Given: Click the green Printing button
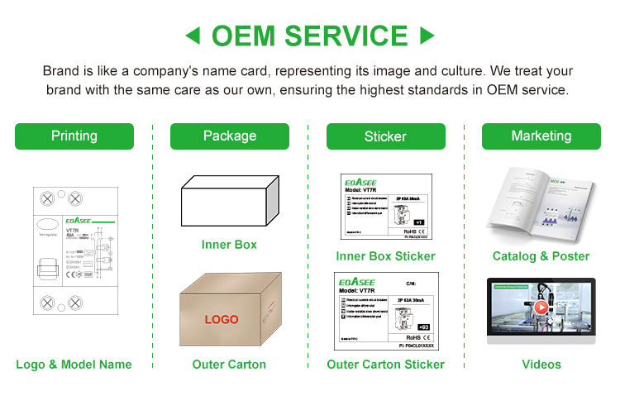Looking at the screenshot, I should [x=74, y=136].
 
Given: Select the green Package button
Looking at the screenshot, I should [x=230, y=136].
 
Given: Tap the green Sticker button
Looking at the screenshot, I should [x=385, y=136].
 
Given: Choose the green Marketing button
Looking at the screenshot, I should [x=541, y=136].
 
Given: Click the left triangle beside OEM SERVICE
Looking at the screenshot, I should [x=193, y=36].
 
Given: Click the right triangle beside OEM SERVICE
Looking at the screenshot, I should [x=427, y=36].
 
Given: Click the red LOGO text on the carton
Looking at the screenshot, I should [x=222, y=319].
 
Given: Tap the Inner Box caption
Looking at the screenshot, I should [x=229, y=245].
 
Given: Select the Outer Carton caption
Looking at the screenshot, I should [x=229, y=364].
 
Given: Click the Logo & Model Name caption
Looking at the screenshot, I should [x=74, y=364].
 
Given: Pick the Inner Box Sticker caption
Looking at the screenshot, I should [x=385, y=256].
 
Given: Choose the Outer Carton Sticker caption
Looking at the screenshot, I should [x=385, y=364].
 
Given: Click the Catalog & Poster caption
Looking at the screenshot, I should [x=541, y=256].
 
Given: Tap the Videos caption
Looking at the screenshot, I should [x=541, y=364].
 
